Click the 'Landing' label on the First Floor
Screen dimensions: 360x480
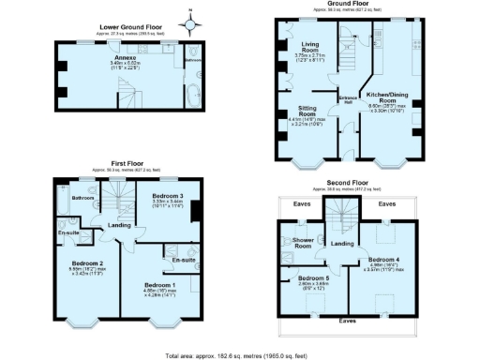119,225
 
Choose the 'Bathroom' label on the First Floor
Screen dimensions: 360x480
83,198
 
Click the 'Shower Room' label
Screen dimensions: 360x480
302,242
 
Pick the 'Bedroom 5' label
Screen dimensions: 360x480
315,278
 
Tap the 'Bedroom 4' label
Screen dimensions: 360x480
384,259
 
